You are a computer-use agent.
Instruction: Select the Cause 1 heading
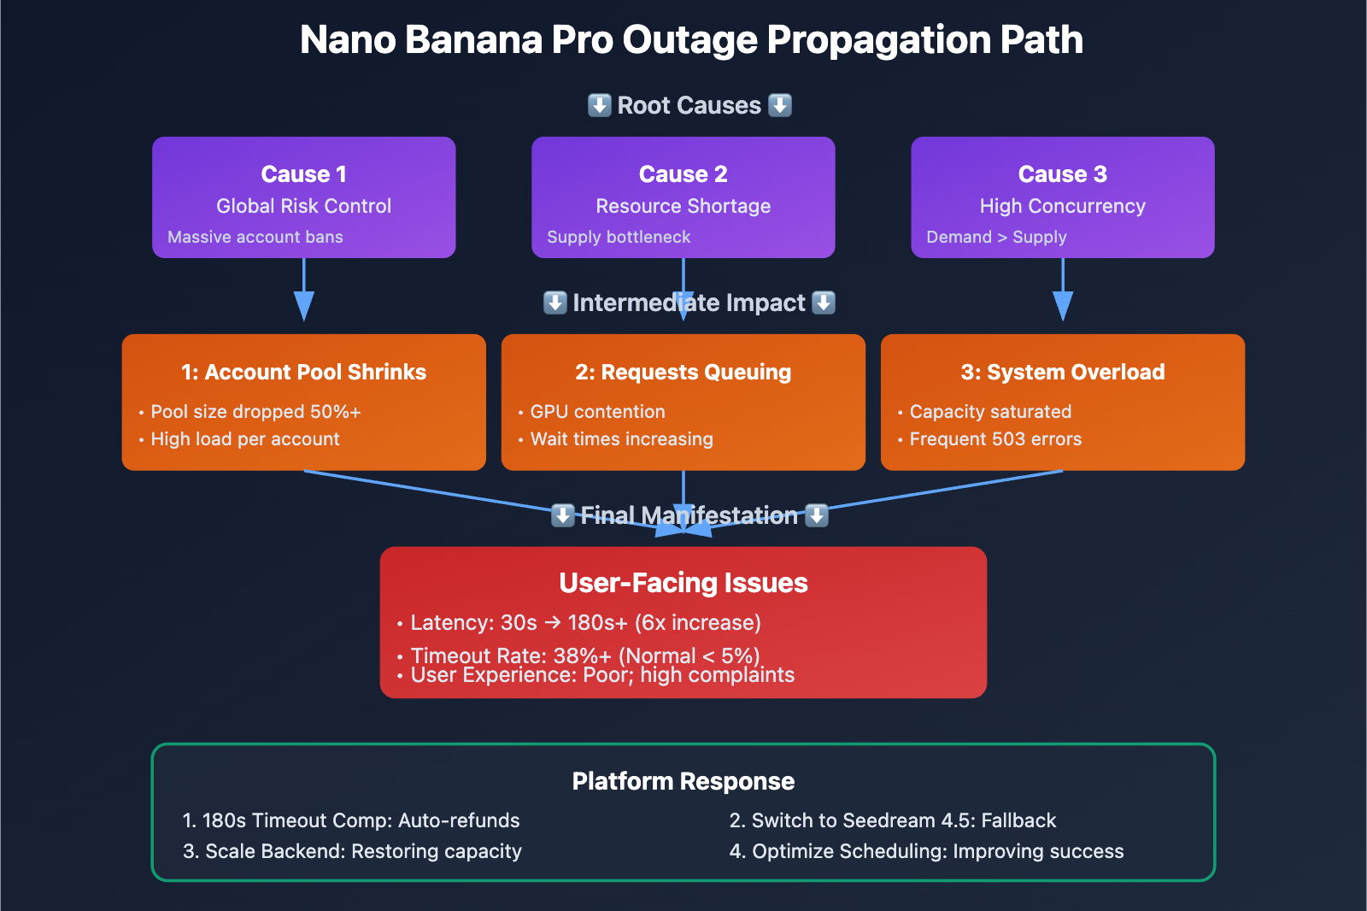click(x=303, y=174)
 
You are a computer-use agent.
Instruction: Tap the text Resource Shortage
click(x=683, y=206)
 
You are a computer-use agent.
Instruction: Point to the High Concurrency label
click(x=1062, y=206)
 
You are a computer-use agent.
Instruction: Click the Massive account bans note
click(x=255, y=237)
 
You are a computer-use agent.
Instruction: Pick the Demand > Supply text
click(x=996, y=237)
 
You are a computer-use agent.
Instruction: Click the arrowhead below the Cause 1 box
click(x=303, y=305)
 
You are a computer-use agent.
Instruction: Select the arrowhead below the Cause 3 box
click(x=1062, y=305)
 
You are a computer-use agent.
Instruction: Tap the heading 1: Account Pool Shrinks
click(x=303, y=372)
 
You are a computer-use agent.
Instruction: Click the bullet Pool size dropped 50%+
click(x=255, y=412)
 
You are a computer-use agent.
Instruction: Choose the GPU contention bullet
click(x=597, y=412)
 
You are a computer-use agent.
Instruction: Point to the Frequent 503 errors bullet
click(x=995, y=439)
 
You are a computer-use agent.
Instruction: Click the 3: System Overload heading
click(x=1062, y=372)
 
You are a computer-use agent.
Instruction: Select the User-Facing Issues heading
click(x=683, y=583)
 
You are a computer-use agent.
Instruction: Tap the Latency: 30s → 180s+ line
click(x=585, y=623)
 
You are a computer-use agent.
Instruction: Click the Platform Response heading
click(x=683, y=781)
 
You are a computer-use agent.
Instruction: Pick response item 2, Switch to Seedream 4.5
click(x=893, y=820)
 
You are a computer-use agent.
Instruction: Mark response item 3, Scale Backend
click(x=352, y=851)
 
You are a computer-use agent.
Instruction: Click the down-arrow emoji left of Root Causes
click(x=600, y=105)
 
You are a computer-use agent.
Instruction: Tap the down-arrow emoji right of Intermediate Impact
click(x=824, y=303)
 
